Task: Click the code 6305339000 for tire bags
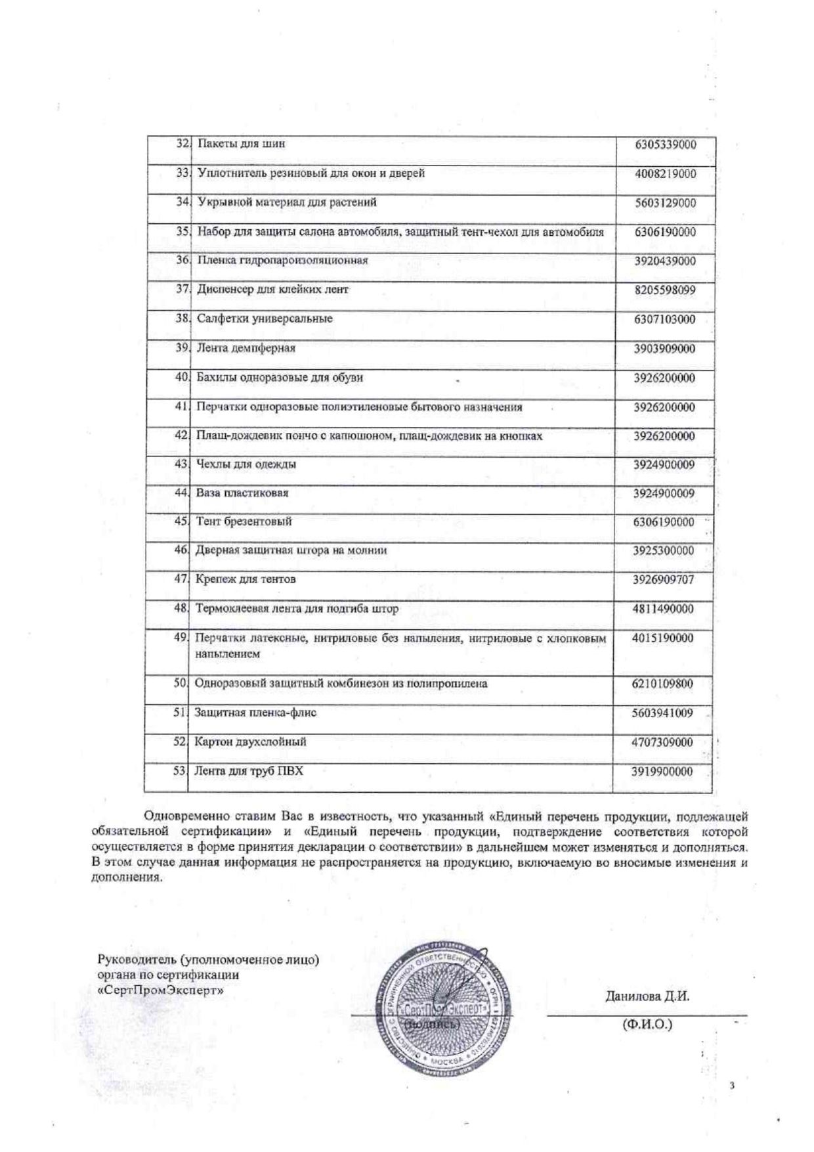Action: pyautogui.click(x=665, y=144)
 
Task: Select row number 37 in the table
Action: pyautogui.click(x=182, y=289)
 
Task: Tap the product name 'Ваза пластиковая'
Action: pyautogui.click(x=242, y=493)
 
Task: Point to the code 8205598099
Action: pyautogui.click(x=664, y=290)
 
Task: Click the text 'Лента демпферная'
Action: pyautogui.click(x=246, y=347)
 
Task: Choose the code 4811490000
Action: pyautogui.click(x=663, y=609)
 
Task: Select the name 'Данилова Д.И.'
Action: pyautogui.click(x=647, y=996)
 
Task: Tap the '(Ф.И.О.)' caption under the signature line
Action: pyautogui.click(x=647, y=1025)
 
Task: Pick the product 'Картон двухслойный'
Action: pyautogui.click(x=250, y=742)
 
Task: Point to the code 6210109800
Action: pyautogui.click(x=663, y=684)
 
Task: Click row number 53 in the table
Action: pyautogui.click(x=180, y=770)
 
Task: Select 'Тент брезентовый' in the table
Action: pyautogui.click(x=243, y=521)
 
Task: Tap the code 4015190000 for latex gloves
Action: pyautogui.click(x=663, y=638)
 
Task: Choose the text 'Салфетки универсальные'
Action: pyautogui.click(x=265, y=319)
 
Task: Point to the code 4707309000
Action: pyautogui.click(x=663, y=742)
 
